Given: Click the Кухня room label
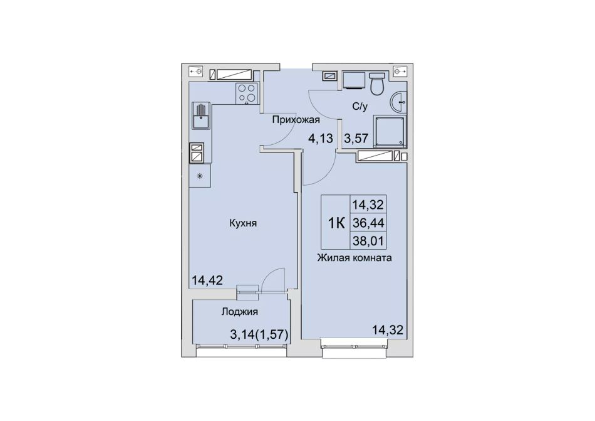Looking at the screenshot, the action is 243,223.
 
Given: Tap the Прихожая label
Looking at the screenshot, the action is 296,120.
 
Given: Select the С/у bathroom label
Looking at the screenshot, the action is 360,107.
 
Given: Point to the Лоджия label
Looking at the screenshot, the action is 239,312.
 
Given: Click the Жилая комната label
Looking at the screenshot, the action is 354,258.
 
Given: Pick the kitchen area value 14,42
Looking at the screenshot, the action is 207,280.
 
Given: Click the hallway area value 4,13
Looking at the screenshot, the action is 320,138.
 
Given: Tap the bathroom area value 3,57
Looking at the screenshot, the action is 356,138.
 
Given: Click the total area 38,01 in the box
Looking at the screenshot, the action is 368,240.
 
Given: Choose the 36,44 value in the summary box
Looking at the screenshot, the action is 368,223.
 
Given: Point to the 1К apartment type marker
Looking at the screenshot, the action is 336,223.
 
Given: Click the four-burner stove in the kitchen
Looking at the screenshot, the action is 247,93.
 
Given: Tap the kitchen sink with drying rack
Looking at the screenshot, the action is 201,115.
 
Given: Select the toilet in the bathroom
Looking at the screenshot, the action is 377,84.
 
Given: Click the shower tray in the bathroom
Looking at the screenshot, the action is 390,131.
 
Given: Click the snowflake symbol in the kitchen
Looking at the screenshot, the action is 200,176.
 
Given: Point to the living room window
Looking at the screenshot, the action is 354,346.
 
